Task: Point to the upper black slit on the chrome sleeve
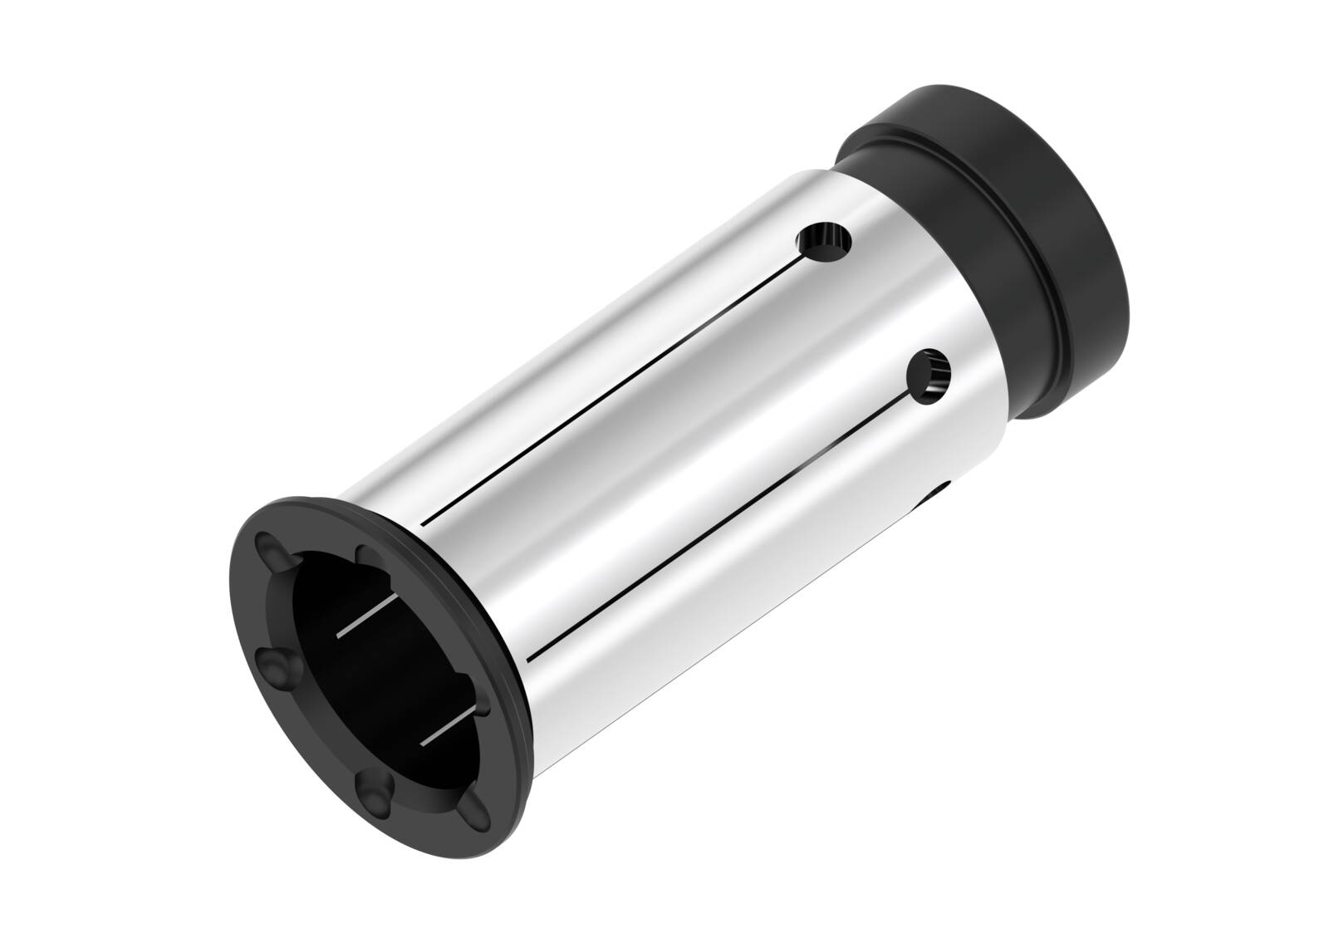tap(615, 393)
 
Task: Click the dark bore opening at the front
tap(365, 681)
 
